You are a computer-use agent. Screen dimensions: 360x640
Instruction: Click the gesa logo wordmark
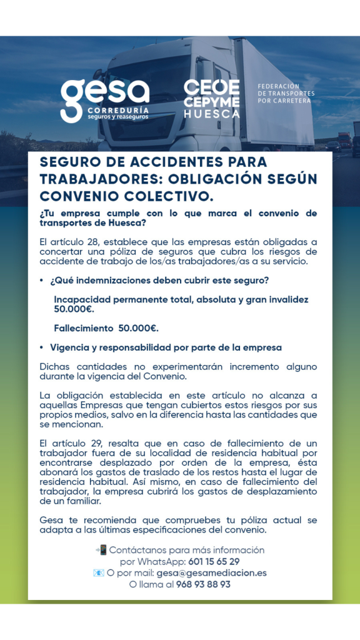coord(104,92)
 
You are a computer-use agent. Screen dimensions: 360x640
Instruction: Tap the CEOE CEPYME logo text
coord(211,94)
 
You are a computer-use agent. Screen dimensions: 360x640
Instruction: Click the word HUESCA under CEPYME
coord(211,114)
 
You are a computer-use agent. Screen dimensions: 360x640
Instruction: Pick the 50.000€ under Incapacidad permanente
coord(74,309)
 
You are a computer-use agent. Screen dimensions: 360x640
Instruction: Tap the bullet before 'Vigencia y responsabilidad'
coord(41,347)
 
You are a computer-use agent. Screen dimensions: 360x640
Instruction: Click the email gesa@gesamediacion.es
coord(211,572)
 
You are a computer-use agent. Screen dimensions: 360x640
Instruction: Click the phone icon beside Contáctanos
coord(101,550)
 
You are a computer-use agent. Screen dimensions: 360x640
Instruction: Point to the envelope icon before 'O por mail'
coord(99,572)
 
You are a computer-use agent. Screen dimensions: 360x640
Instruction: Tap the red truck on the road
coord(344,139)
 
